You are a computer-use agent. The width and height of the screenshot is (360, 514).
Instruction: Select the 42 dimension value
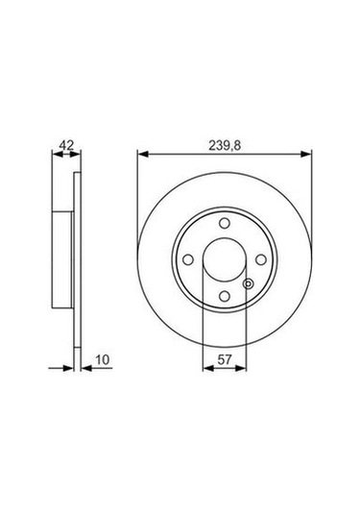(x=65, y=145)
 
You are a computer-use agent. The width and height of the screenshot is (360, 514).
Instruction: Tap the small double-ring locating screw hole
(x=249, y=283)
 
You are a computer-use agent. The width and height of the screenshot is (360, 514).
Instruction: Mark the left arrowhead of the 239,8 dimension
(x=144, y=153)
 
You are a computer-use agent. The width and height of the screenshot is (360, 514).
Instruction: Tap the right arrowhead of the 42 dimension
(x=76, y=153)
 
